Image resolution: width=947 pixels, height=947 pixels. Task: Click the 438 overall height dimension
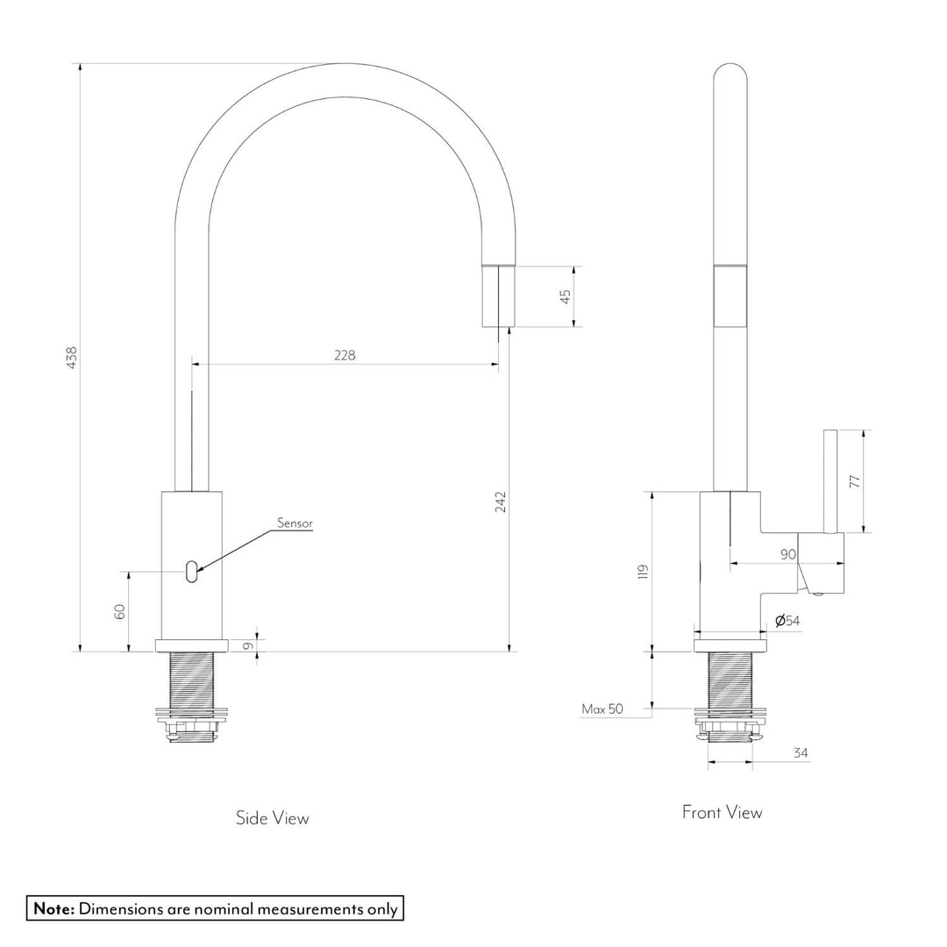click(72, 357)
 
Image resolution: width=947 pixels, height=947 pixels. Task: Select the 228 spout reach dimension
click(344, 354)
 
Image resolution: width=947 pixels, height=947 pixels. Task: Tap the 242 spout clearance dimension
click(501, 501)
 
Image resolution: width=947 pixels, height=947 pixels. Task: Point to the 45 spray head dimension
click(566, 296)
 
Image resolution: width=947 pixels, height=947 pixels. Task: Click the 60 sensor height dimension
click(120, 611)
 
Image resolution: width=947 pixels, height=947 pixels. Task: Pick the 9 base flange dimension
click(248, 646)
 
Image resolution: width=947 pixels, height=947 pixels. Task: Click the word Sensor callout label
click(295, 523)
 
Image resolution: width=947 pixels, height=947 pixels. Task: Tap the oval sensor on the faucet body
click(191, 573)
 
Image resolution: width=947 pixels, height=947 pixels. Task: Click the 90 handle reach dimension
click(787, 553)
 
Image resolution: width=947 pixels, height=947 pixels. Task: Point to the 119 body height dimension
click(643, 572)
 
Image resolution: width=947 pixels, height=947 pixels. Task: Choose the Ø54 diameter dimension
click(787, 621)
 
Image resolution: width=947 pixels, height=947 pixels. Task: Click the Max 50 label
click(602, 708)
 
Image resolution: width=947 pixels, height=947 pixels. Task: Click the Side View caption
click(272, 818)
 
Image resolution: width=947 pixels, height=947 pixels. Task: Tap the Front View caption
click(722, 813)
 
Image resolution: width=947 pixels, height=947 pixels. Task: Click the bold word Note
click(54, 908)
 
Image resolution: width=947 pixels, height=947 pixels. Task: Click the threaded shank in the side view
click(191, 680)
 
